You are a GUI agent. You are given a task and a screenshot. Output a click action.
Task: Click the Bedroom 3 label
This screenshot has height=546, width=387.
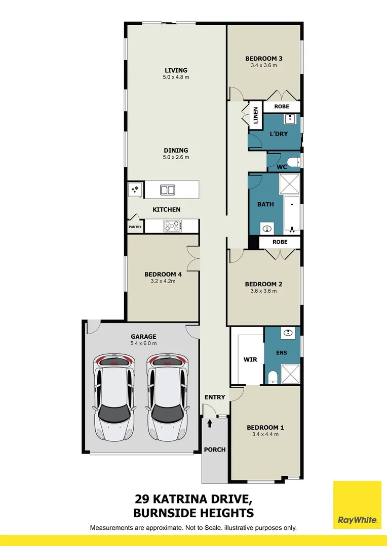click(x=264, y=58)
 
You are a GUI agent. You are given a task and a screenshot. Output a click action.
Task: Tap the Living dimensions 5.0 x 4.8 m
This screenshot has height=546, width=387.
click(x=176, y=77)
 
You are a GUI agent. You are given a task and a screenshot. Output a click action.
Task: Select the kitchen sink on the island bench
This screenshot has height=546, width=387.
click(x=167, y=190)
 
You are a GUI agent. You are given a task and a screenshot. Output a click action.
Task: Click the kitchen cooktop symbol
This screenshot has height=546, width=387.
click(x=173, y=226)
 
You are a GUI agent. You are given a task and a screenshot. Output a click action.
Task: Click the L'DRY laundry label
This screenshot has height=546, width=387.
click(x=278, y=133)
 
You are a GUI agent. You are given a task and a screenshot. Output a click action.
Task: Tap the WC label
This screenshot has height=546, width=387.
click(x=282, y=166)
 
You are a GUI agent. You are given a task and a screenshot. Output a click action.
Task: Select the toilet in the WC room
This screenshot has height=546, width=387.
click(x=297, y=162)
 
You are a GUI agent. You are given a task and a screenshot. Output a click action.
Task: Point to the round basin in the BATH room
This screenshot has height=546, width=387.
click(x=267, y=229)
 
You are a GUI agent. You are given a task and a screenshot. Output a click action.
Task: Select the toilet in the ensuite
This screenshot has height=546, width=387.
click(x=272, y=376)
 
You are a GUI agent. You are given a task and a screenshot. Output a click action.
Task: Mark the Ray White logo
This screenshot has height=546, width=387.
click(x=357, y=506)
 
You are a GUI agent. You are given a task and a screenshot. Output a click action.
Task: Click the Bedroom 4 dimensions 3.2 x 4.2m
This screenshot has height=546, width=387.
click(x=160, y=281)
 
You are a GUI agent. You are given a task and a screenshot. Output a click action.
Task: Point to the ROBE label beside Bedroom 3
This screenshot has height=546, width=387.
click(x=282, y=107)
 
